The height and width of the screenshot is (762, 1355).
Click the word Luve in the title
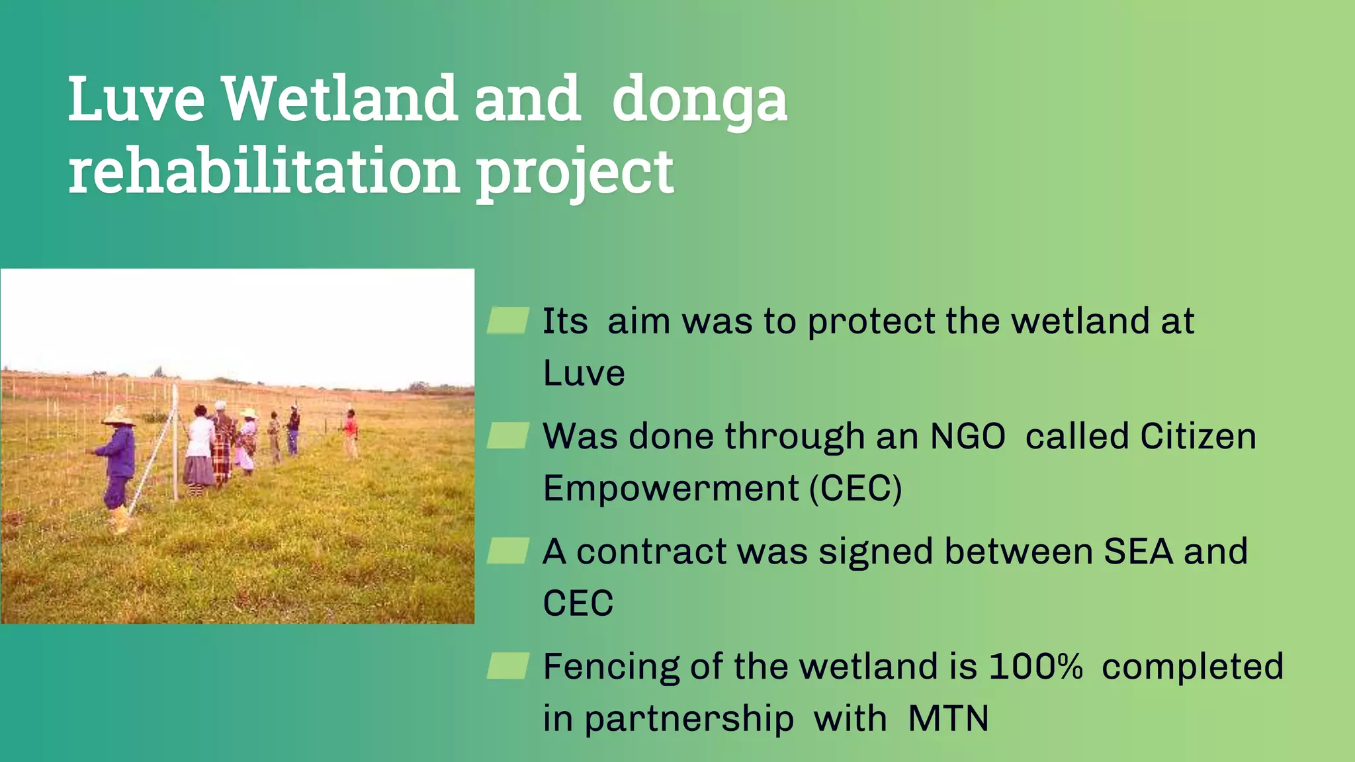coord(136,99)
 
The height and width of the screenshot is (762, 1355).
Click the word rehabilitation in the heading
coord(264,172)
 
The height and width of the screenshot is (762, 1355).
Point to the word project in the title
coord(574,173)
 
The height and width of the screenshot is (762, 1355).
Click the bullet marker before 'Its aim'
coord(507,320)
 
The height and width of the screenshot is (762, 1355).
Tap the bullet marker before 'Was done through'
coord(507,435)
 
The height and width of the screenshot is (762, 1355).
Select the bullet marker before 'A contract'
coord(507,550)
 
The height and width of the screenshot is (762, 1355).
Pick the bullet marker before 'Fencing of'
coord(507,665)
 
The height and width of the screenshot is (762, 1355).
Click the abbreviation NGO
coord(967,437)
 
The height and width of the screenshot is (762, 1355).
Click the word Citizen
coord(1198,437)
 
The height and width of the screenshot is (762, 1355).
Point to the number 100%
coord(1035,666)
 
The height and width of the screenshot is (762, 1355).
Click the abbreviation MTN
coord(948,718)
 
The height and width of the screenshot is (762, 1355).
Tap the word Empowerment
coord(671,488)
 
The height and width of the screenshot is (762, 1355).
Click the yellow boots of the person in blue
coord(120,520)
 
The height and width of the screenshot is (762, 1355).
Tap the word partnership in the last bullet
coord(689,720)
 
